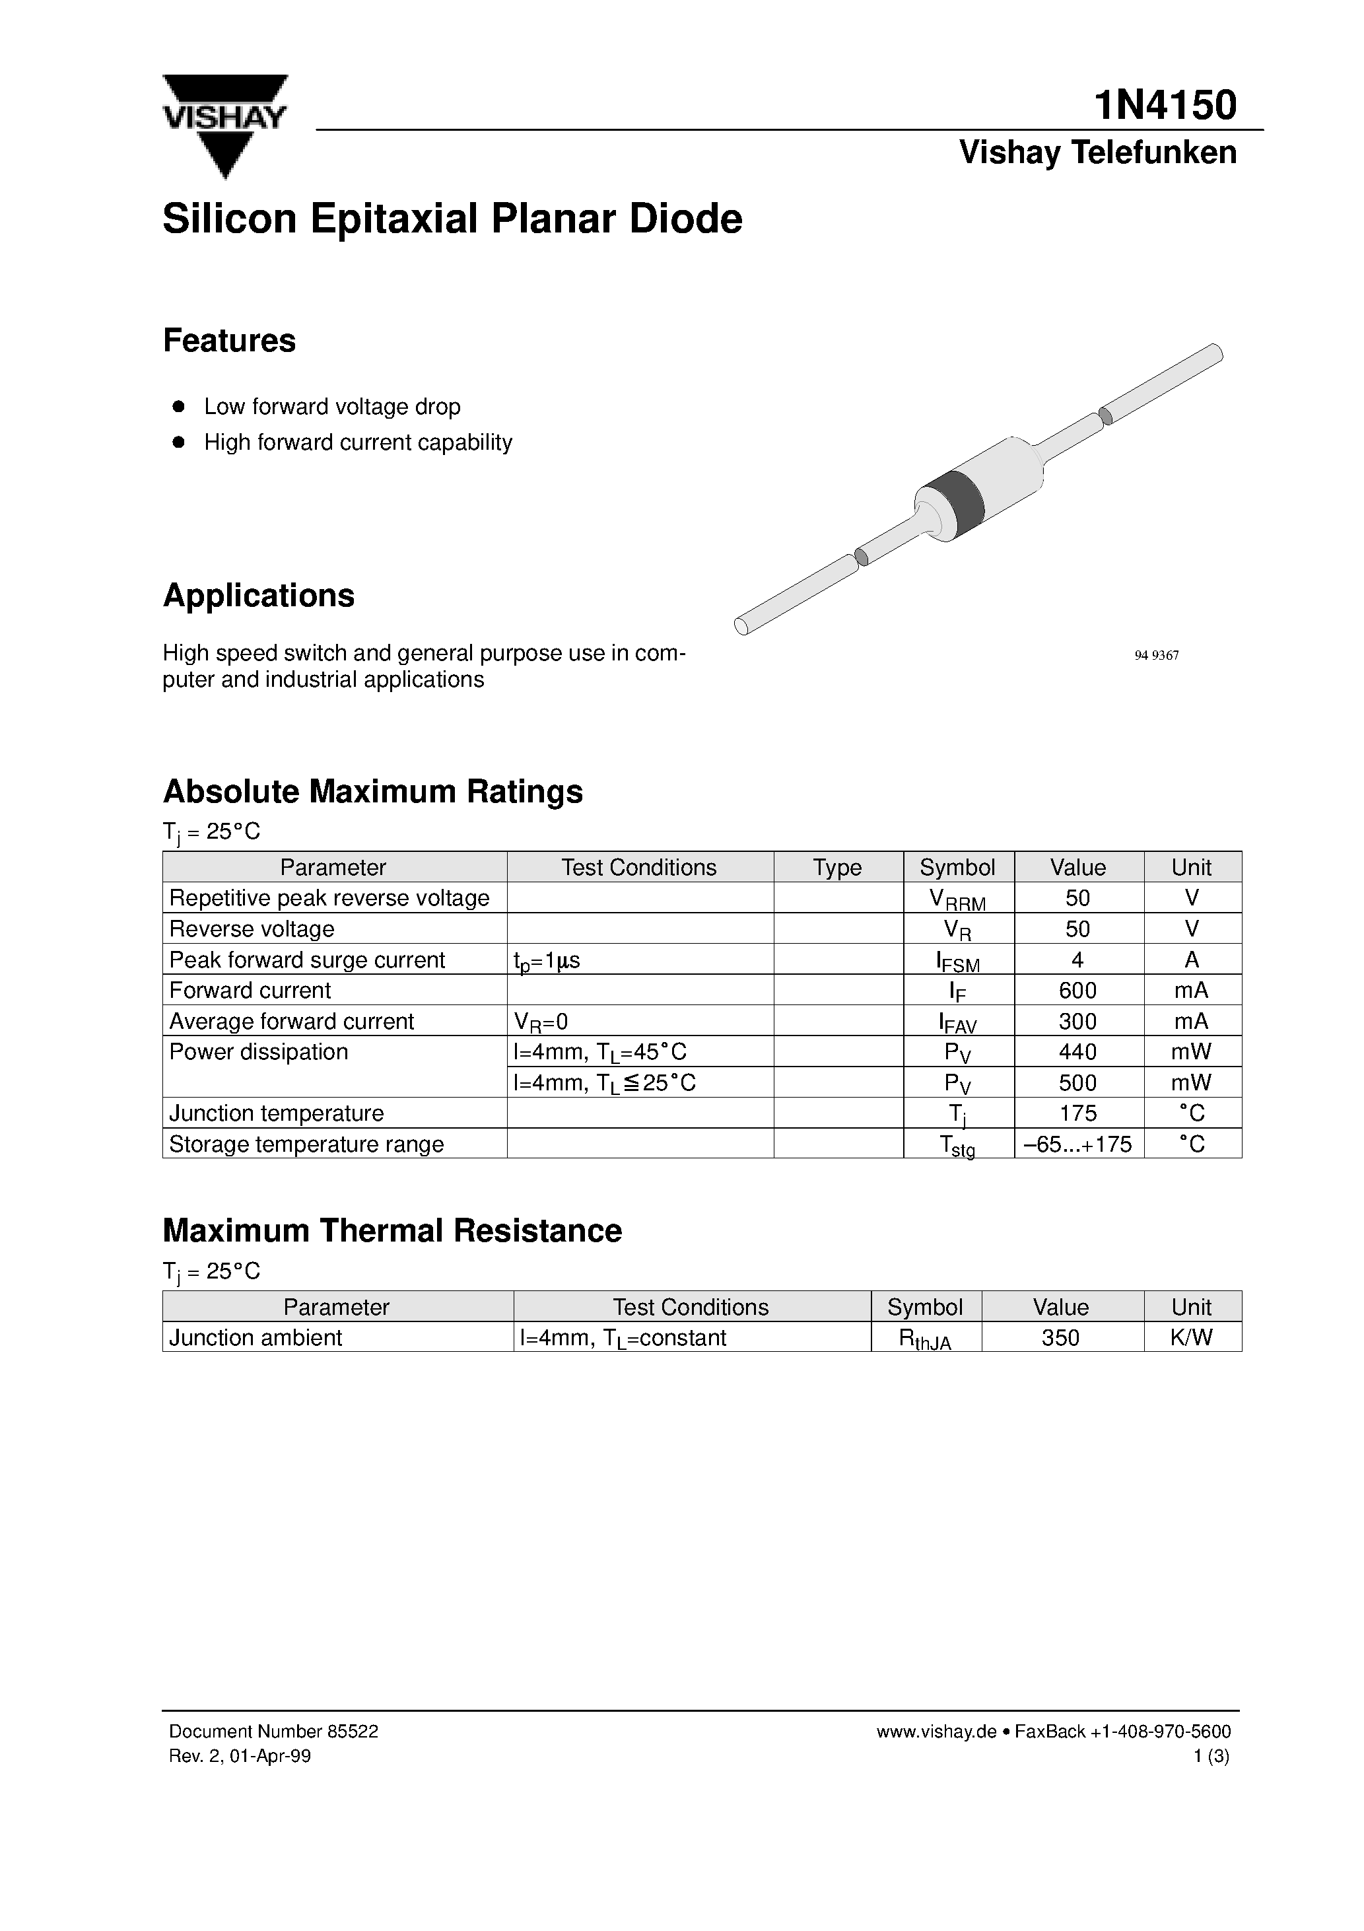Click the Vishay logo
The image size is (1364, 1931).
(224, 124)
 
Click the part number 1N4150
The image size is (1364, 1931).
(1165, 106)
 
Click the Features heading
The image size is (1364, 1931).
(228, 341)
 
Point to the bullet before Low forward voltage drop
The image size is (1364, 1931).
(178, 406)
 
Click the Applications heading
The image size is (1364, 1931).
(258, 596)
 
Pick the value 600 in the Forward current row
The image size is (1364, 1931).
(1077, 991)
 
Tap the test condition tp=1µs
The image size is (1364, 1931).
(547, 960)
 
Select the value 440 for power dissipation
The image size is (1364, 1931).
(1077, 1052)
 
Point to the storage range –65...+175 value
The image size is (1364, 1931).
(1077, 1144)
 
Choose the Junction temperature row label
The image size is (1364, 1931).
(276, 1113)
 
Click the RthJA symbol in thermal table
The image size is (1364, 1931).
(924, 1339)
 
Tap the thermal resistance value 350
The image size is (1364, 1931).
(1060, 1337)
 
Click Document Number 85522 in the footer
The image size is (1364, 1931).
(273, 1732)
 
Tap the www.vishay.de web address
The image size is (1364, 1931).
(935, 1732)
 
